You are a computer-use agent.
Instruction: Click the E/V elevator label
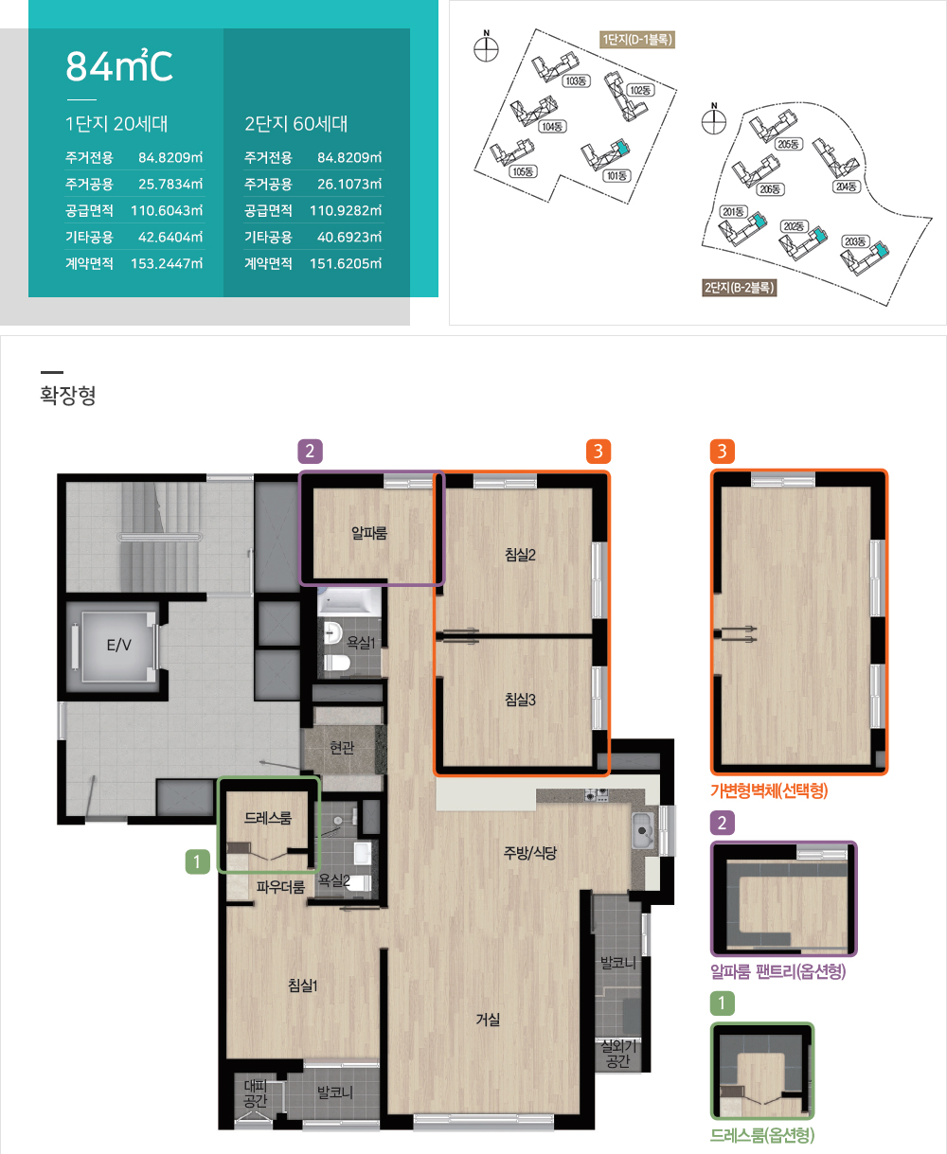pos(118,645)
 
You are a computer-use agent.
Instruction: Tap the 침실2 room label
pos(520,555)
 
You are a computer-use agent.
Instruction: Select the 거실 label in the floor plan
pos(488,1020)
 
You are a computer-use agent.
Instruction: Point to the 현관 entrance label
pos(342,748)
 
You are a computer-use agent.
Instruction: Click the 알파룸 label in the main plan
pos(369,532)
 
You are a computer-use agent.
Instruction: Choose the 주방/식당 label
pos(530,853)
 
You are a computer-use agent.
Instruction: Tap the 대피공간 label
pos(255,1092)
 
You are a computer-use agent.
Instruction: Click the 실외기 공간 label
pos(618,1055)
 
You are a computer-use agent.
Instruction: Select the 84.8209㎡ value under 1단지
pos(170,157)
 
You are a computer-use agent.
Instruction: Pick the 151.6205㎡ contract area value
pos(346,264)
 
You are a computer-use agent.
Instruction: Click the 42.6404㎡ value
pos(170,237)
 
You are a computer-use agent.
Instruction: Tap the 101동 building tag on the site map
pos(616,176)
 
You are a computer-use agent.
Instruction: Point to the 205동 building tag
pos(788,144)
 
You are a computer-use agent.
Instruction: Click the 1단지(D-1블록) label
pos(637,40)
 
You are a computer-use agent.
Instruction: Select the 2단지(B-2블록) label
pos(740,288)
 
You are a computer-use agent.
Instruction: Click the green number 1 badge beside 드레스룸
pos(198,861)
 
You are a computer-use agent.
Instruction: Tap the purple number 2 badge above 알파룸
pos(310,452)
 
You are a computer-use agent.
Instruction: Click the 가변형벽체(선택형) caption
pos(769,790)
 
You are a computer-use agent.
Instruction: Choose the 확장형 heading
pos(68,395)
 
